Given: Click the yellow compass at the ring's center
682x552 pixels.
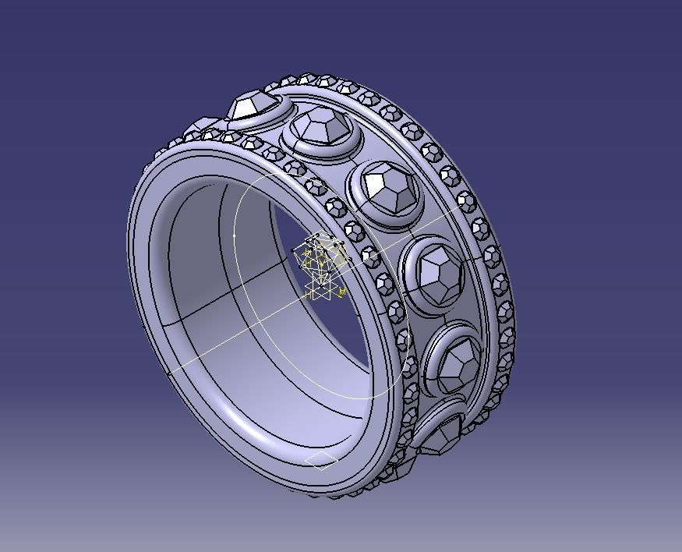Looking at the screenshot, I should [x=322, y=265].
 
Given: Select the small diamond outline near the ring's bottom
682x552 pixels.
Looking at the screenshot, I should [x=321, y=461].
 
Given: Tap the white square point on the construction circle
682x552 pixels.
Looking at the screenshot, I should [x=235, y=235].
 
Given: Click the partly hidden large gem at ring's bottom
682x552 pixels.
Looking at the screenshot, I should [x=441, y=433].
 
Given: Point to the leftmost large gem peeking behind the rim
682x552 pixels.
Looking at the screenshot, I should [x=202, y=124].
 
